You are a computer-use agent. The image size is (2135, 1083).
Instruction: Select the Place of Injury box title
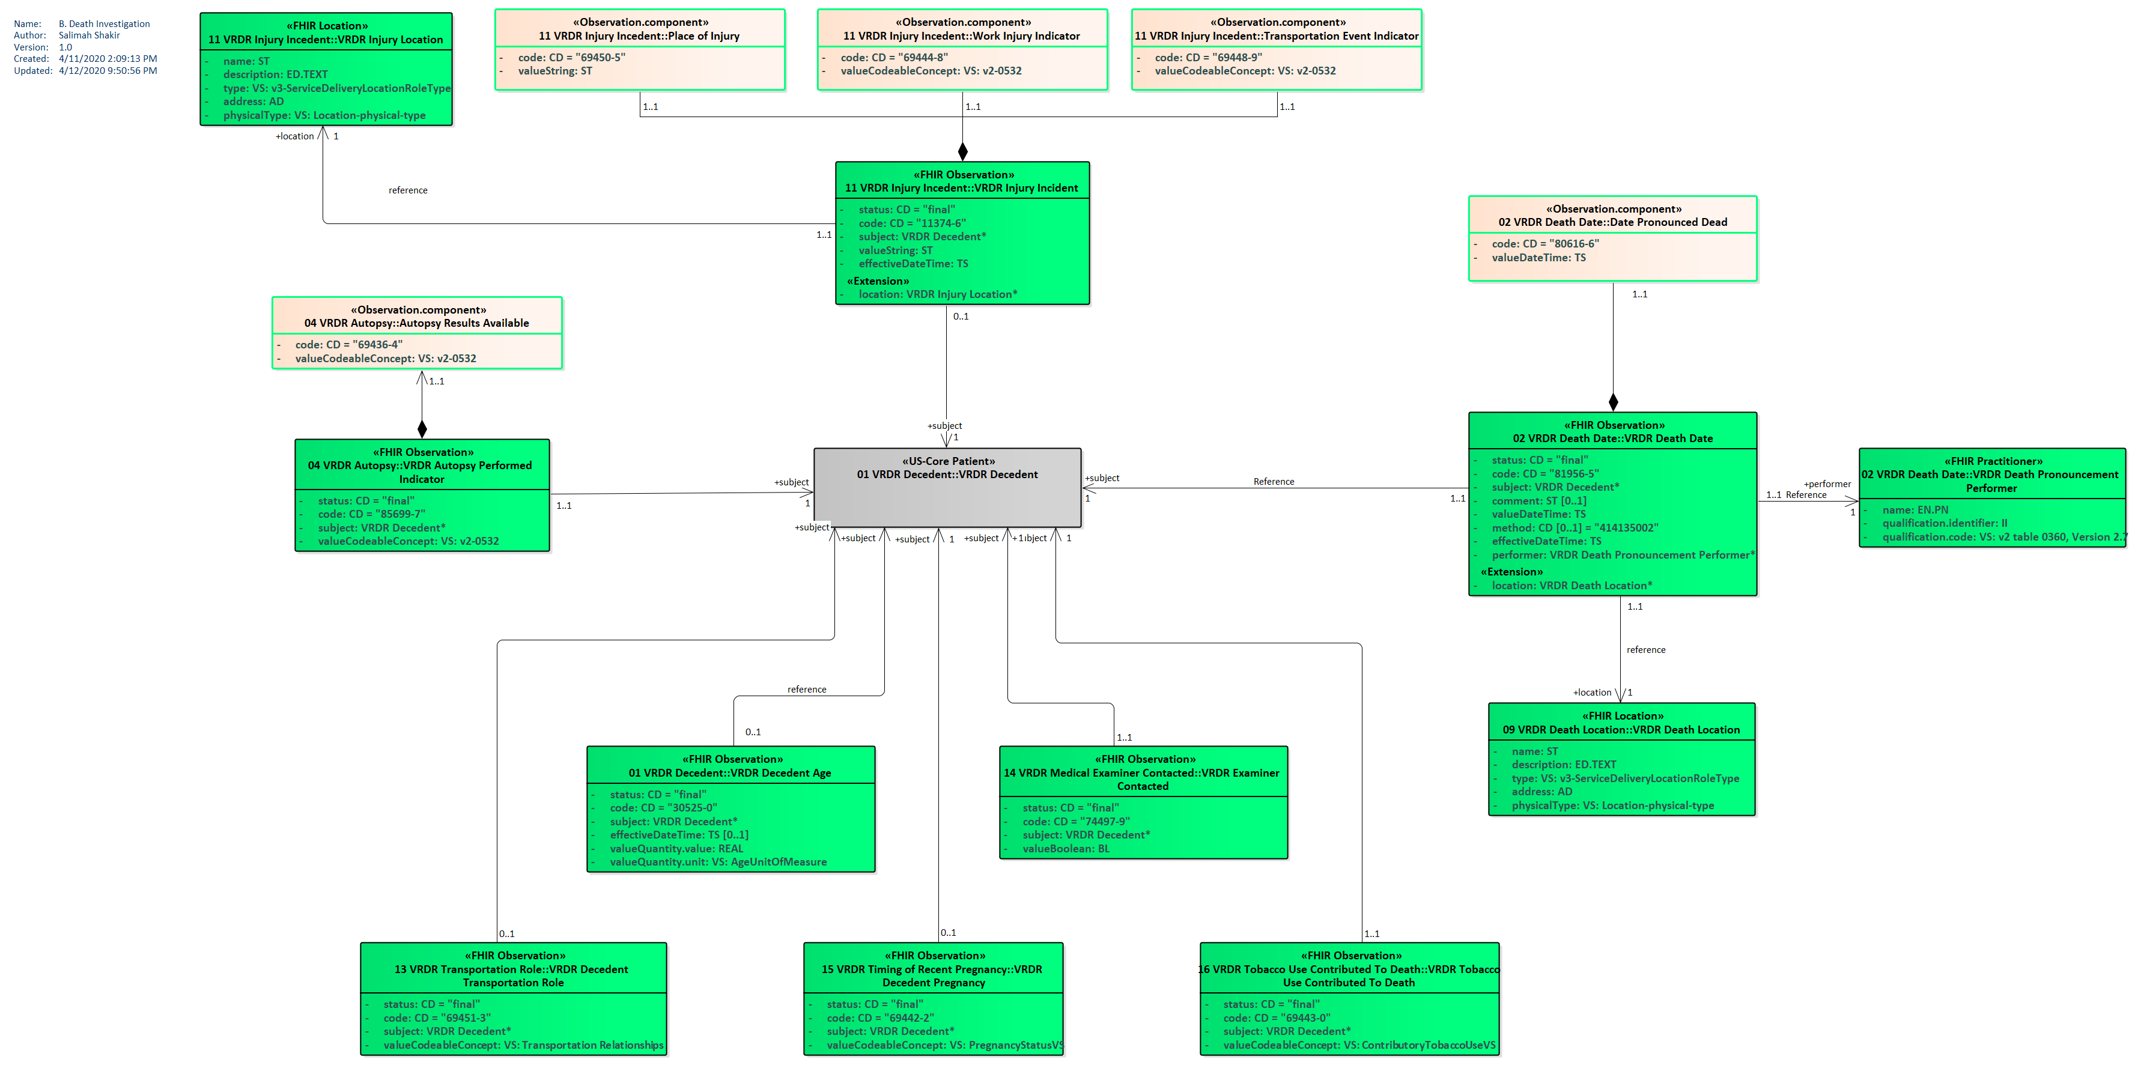click(639, 29)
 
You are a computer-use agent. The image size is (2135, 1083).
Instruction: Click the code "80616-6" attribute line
click(1545, 244)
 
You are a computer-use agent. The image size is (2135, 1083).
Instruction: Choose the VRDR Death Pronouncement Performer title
click(1991, 475)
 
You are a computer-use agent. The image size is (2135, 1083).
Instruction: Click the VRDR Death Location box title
click(1621, 723)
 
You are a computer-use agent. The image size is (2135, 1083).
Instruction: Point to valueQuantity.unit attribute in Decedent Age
click(718, 862)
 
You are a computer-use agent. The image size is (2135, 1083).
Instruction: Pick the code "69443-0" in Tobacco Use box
click(1277, 1018)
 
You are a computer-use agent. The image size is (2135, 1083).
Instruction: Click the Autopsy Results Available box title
click(416, 317)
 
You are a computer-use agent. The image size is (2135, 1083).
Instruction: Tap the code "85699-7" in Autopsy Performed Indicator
click(371, 514)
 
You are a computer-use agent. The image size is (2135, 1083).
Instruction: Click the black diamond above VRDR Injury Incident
click(962, 151)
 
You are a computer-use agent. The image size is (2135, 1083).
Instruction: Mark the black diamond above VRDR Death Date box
click(1613, 402)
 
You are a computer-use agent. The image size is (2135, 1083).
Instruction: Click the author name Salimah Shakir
click(90, 35)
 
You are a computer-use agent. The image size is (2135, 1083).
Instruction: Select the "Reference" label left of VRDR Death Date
click(1273, 481)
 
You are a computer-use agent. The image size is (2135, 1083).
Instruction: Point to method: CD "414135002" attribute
click(1574, 528)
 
